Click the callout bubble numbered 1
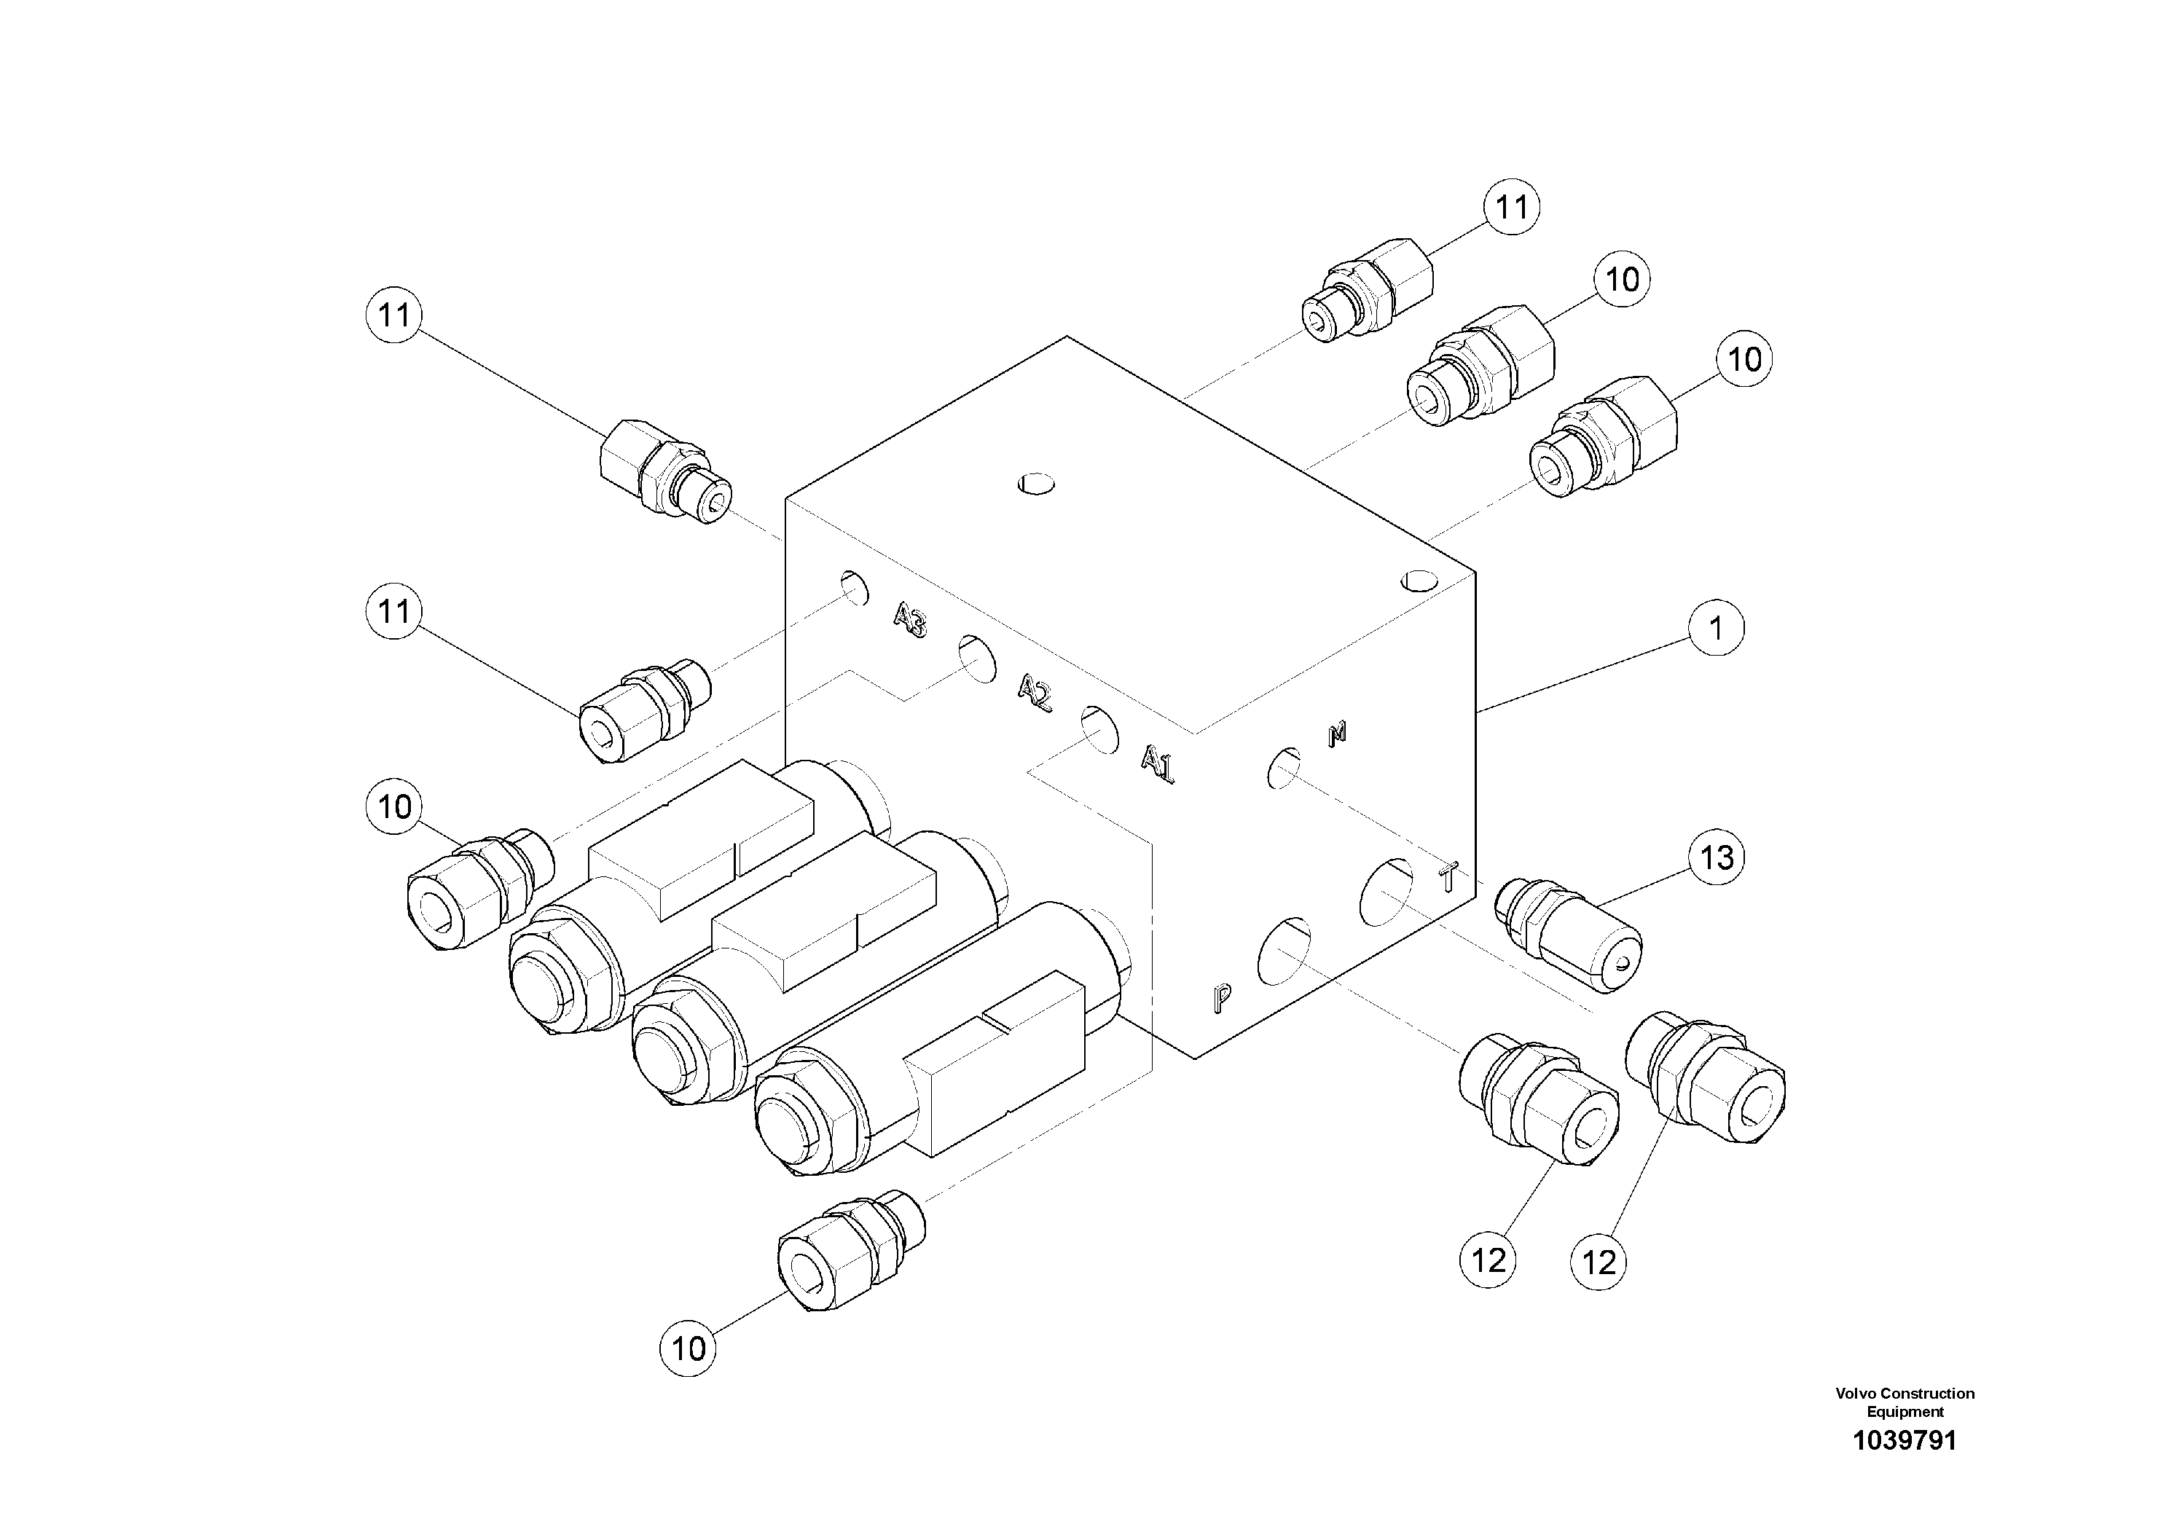coord(1716,628)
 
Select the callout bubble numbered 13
coord(1716,857)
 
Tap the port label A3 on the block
coord(911,621)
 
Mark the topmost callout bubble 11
coord(1512,207)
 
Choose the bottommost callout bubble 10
coord(688,1348)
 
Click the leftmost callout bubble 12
coord(1488,1261)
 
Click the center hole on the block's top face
coord(1035,484)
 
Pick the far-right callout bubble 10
coord(1744,359)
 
